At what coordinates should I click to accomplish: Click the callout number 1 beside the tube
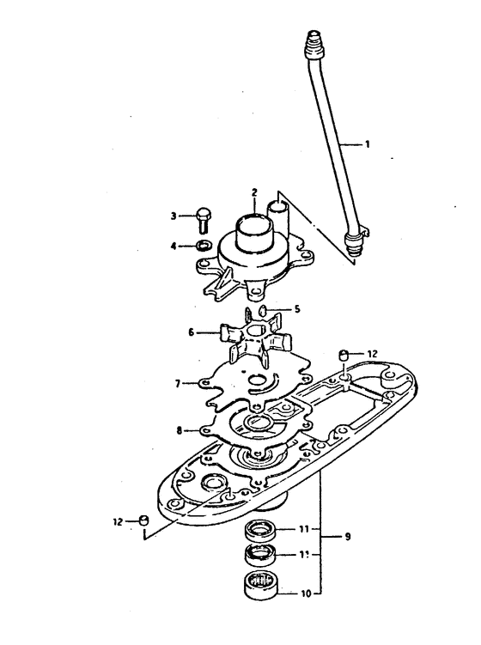pyautogui.click(x=367, y=144)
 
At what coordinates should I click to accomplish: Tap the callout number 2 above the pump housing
pyautogui.click(x=254, y=192)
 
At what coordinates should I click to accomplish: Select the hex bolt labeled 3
pyautogui.click(x=204, y=219)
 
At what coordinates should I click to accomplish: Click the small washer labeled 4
pyautogui.click(x=204, y=246)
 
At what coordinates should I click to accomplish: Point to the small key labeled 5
pyautogui.click(x=263, y=309)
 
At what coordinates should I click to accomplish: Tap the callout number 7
pyautogui.click(x=178, y=384)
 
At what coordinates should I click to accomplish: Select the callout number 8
pyautogui.click(x=179, y=430)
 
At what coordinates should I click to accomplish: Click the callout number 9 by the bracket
pyautogui.click(x=348, y=537)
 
